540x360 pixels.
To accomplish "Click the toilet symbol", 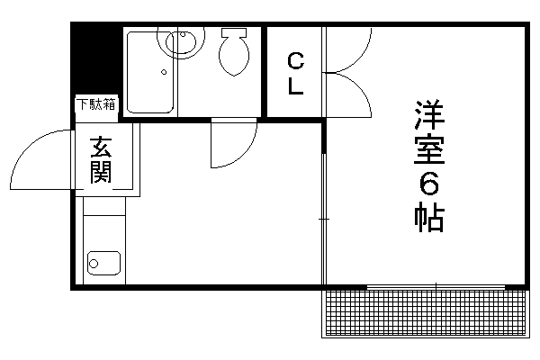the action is point(234,51).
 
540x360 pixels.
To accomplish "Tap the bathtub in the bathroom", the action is point(150,72).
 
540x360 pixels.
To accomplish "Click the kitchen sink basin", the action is point(104,263).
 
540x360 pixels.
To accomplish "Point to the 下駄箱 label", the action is point(96,104).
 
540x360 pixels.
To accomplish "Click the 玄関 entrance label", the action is point(101,160).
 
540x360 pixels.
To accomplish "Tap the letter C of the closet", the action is point(295,61).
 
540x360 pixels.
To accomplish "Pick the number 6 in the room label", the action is point(429,184).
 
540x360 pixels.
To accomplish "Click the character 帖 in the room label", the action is point(429,217).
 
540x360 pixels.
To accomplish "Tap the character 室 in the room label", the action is point(429,149).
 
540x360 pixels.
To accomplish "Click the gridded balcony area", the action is point(426,312).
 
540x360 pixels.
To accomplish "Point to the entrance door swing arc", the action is point(28,148).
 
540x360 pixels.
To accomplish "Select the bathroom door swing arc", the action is point(245,154).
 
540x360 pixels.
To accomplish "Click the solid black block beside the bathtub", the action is point(97,58).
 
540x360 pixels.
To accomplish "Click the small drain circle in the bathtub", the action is point(164,72).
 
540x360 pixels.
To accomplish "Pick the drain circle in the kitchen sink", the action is point(94,264).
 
